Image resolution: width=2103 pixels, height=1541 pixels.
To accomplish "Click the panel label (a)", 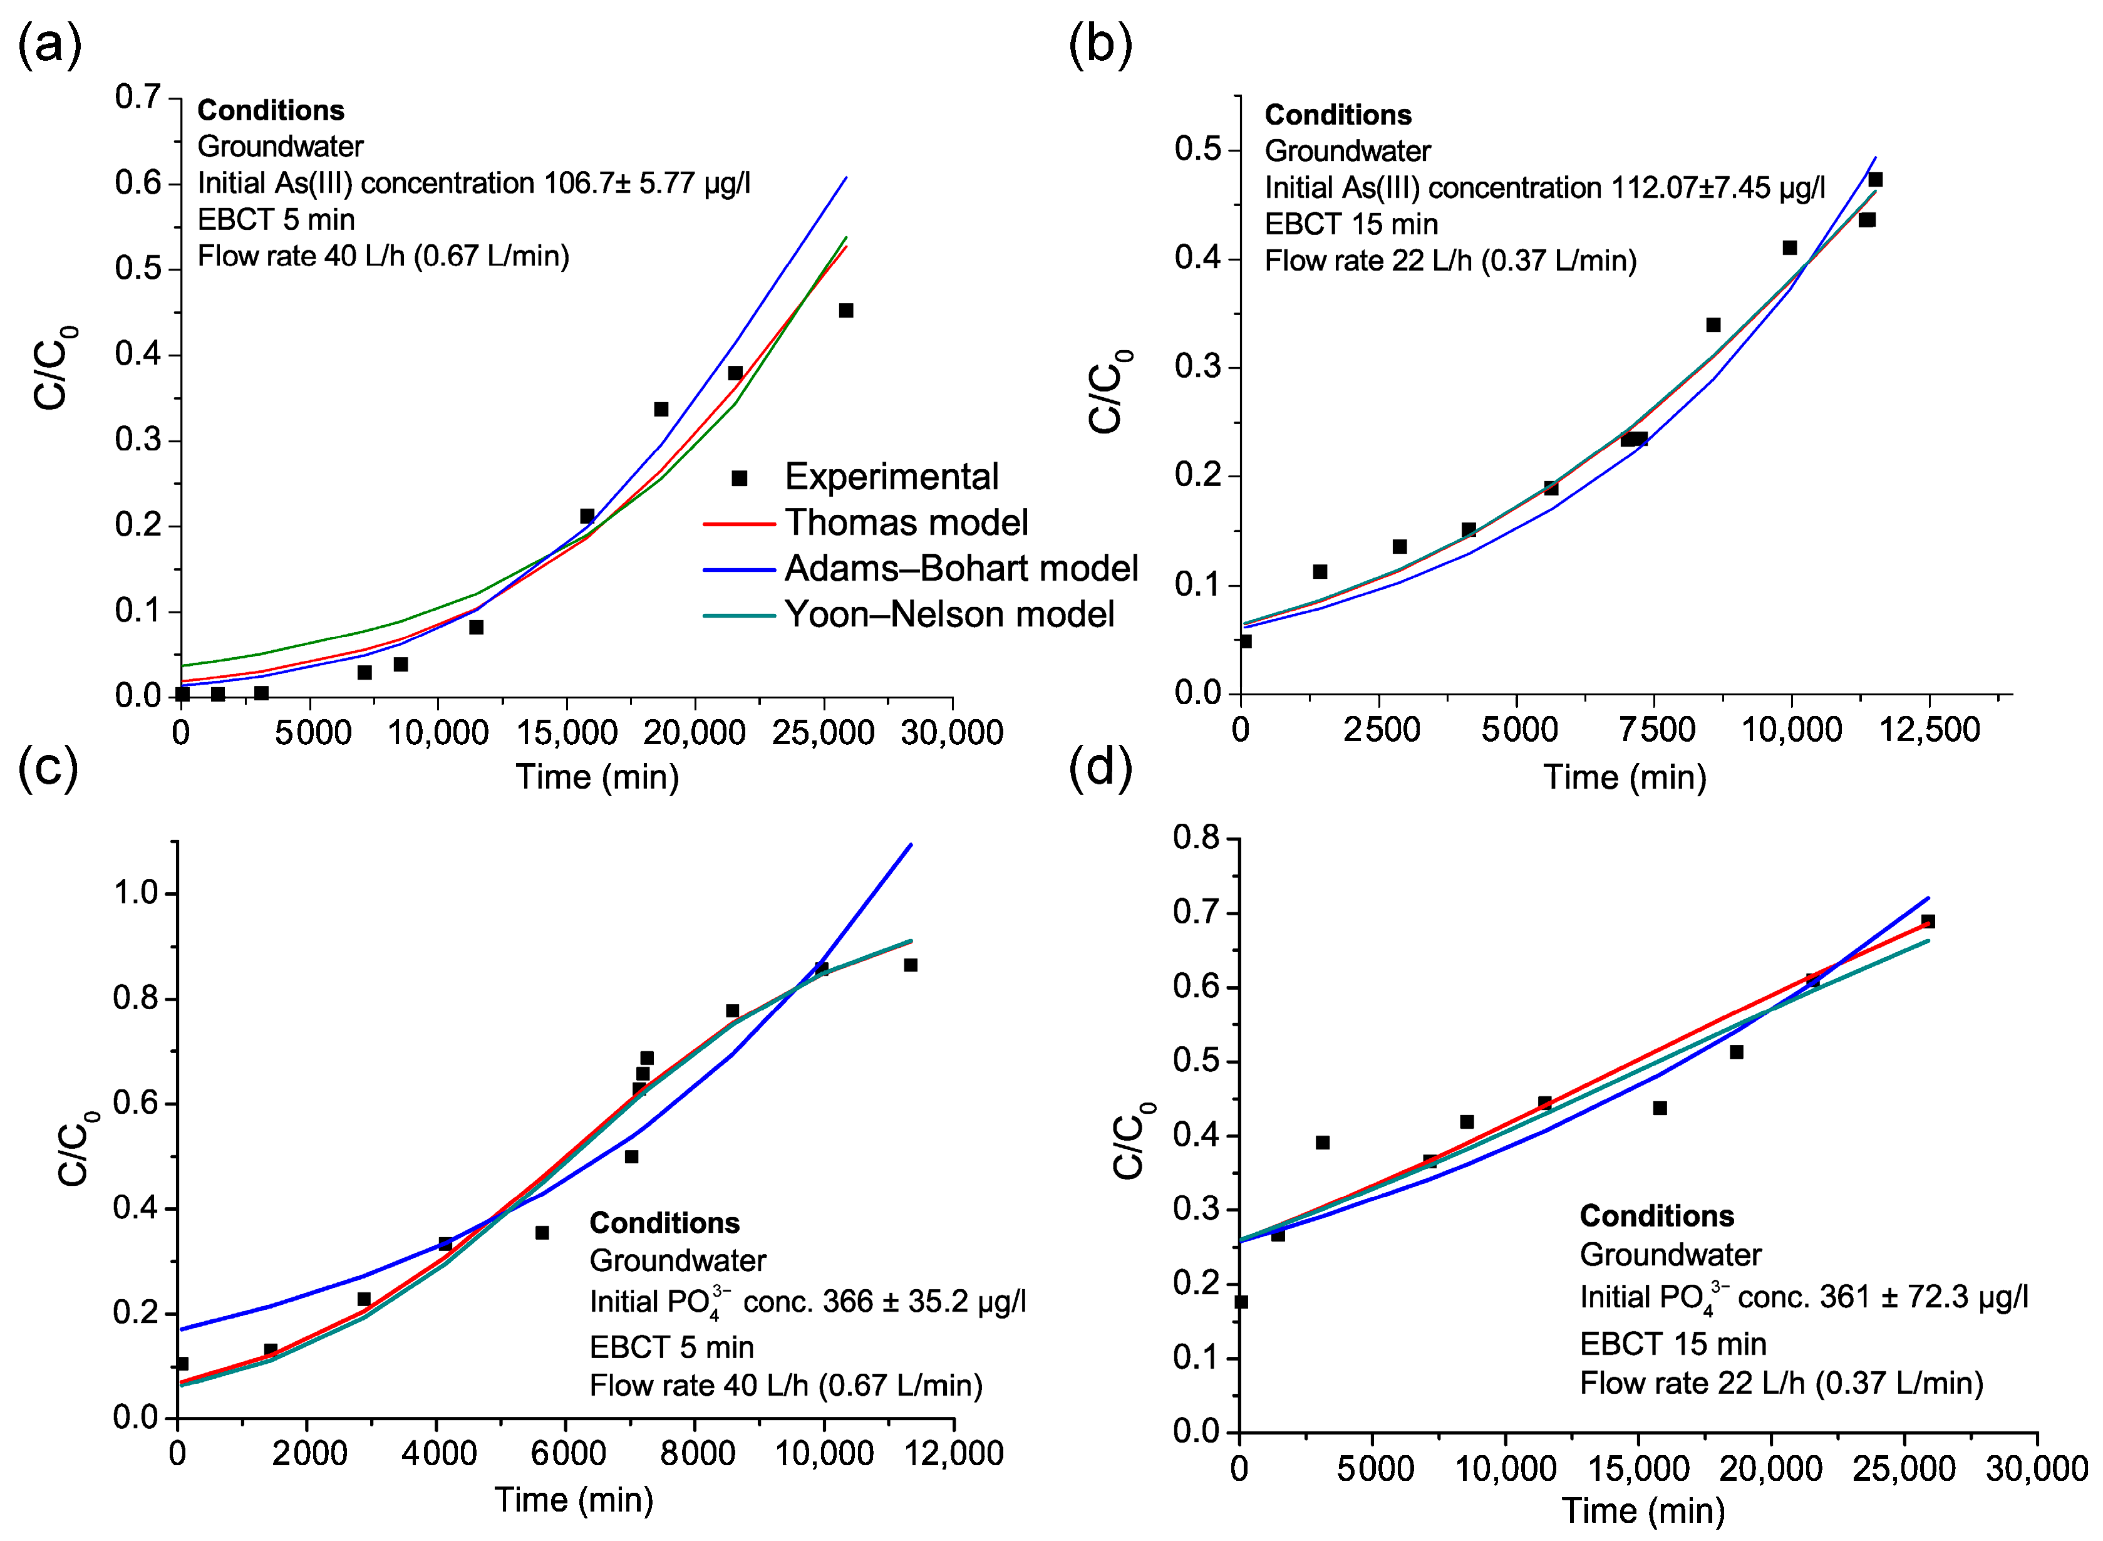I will coord(48,44).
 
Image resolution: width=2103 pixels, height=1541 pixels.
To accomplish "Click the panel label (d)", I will coord(1100,767).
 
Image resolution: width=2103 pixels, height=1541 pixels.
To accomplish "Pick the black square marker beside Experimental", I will coord(738,477).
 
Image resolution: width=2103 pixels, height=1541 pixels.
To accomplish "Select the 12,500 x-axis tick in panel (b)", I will coord(1929,729).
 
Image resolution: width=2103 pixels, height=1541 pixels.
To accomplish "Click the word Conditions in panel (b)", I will coord(1336,115).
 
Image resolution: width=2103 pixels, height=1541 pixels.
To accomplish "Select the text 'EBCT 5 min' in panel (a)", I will coord(276,219).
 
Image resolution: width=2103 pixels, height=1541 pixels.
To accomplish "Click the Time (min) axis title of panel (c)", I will coord(574,1500).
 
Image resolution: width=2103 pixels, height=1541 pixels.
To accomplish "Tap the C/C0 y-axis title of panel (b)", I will coord(1110,392).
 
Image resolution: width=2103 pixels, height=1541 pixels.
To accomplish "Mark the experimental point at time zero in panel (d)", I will coord(1241,1301).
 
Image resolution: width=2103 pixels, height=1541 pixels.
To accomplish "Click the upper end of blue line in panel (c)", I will coord(910,845).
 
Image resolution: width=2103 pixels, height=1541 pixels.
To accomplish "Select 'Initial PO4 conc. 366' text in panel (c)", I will coord(807,1301).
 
